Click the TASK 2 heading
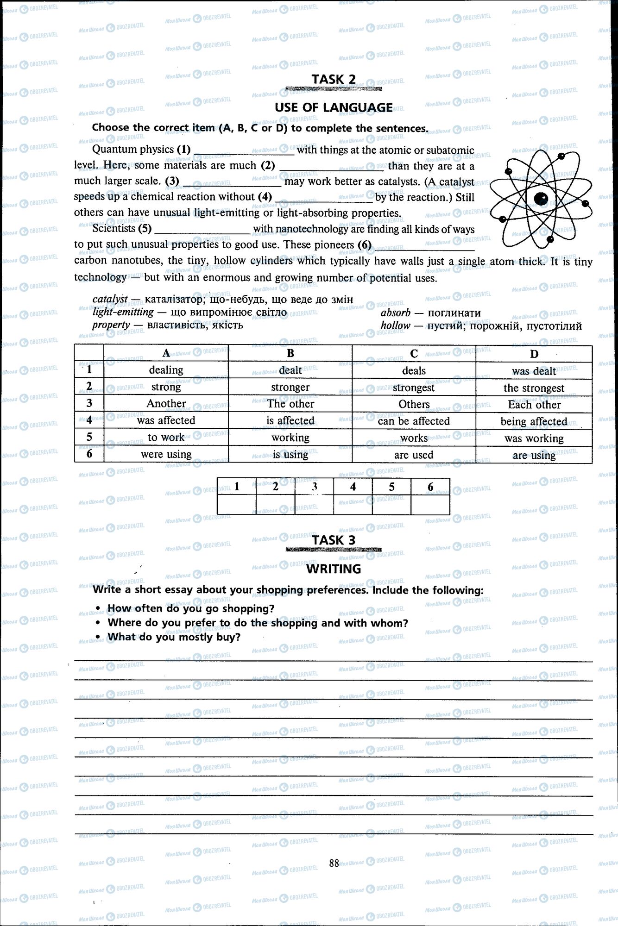click(334, 80)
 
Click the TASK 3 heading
click(334, 540)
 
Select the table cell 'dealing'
click(166, 370)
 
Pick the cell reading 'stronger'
click(290, 387)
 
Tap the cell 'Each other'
click(534, 405)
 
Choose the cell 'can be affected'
click(414, 421)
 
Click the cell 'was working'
click(534, 438)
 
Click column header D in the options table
click(534, 354)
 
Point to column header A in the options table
click(166, 353)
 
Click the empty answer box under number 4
click(353, 505)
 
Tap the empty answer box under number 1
click(237, 505)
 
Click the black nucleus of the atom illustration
click(541, 199)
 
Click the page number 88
click(334, 863)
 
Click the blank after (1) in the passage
click(244, 150)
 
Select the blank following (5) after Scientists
click(202, 229)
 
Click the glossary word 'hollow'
click(395, 325)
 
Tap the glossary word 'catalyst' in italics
click(110, 299)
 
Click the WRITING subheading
click(334, 569)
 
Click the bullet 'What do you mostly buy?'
click(174, 637)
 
